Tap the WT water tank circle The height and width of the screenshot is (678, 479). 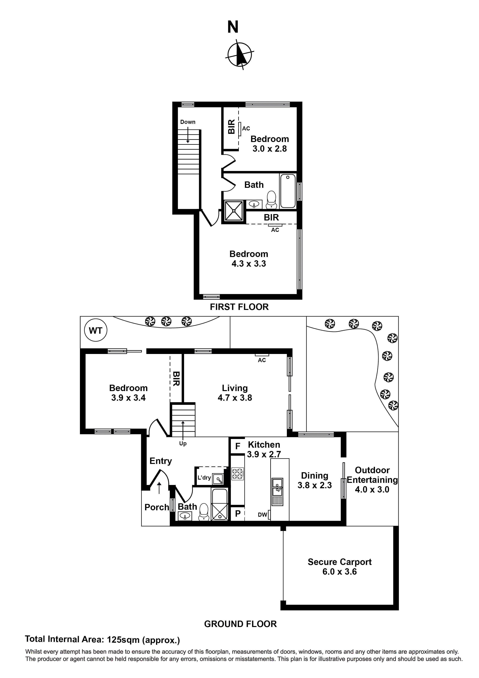tap(96, 331)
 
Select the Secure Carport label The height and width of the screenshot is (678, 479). tap(339, 562)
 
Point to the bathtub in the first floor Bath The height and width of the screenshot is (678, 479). tap(287, 191)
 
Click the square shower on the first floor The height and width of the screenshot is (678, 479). tap(234, 211)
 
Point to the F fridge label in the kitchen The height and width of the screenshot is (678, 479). tap(238, 446)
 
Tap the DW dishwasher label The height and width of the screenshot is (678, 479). tap(262, 515)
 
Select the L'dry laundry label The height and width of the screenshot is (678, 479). tap(204, 477)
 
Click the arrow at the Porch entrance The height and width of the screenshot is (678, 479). tap(159, 488)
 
